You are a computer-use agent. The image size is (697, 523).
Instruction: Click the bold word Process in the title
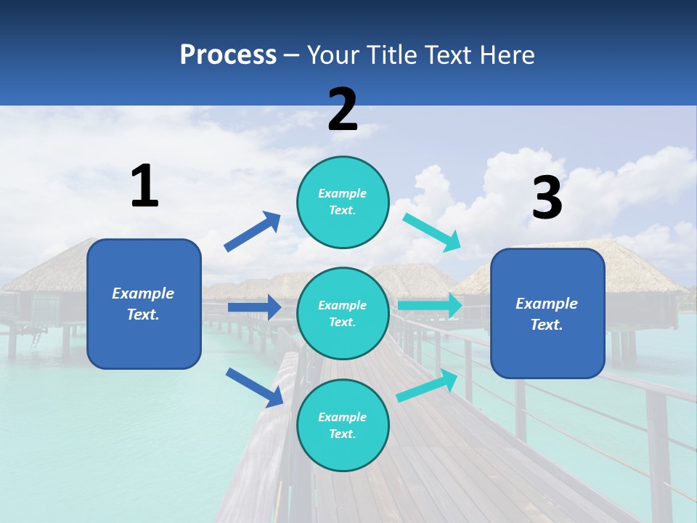[228, 55]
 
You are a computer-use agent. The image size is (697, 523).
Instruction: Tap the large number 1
[144, 186]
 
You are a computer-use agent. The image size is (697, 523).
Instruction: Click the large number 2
[343, 110]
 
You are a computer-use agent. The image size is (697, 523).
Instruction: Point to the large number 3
[547, 198]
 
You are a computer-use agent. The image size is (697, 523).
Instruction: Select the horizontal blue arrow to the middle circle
[254, 307]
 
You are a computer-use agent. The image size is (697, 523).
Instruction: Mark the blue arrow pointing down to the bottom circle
[254, 387]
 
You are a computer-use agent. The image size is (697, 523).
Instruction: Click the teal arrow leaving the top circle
[432, 232]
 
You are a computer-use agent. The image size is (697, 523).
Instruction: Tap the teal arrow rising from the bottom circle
[427, 386]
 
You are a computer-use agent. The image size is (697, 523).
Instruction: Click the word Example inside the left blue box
[143, 293]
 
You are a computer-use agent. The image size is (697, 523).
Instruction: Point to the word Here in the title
[508, 55]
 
